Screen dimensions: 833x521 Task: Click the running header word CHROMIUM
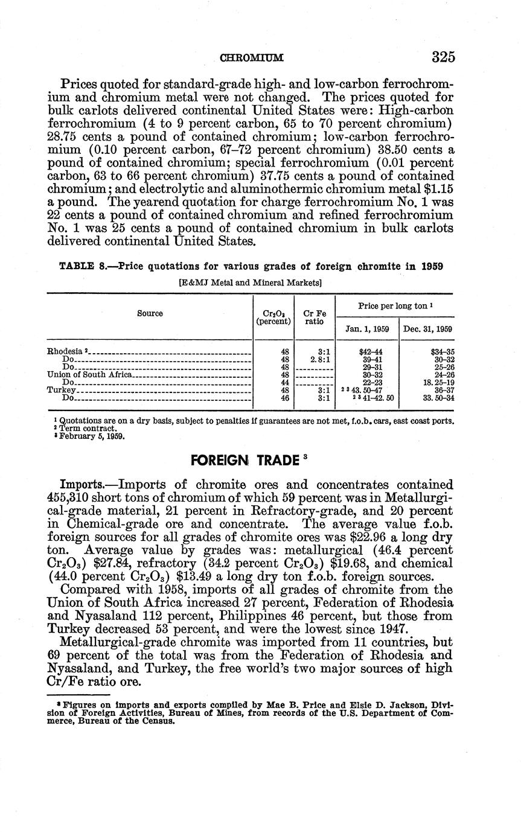point(252,58)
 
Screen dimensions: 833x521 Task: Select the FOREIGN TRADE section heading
point(245,460)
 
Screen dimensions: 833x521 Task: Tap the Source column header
point(150,313)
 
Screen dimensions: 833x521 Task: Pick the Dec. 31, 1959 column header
point(427,329)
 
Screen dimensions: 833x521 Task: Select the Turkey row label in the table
point(59,390)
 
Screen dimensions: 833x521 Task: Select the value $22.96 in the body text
point(371,537)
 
